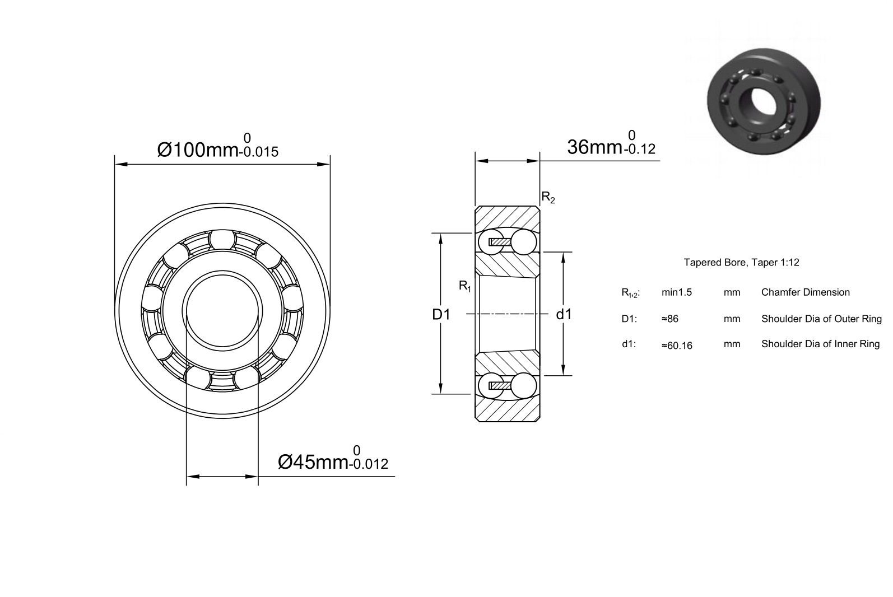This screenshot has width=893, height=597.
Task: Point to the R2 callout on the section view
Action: click(548, 197)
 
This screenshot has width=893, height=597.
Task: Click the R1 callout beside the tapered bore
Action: click(465, 286)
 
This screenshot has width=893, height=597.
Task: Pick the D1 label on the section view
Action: click(441, 315)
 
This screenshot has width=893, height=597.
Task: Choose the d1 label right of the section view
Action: click(564, 314)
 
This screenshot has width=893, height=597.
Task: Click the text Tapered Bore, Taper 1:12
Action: click(742, 262)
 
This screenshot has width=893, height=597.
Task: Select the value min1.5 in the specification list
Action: click(677, 292)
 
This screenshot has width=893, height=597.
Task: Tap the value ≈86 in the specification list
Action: click(670, 319)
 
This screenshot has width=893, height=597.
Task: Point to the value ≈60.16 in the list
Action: click(677, 346)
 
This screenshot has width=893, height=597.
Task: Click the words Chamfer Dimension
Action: click(805, 292)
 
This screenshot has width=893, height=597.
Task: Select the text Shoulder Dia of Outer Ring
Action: click(821, 319)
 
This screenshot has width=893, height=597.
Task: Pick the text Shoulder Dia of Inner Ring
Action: click(820, 344)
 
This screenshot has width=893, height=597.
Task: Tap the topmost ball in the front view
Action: click(222, 239)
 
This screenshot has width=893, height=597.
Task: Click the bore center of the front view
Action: click(222, 311)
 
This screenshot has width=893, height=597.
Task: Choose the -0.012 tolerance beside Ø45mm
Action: click(369, 464)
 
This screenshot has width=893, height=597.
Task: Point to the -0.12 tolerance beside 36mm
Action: click(639, 149)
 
